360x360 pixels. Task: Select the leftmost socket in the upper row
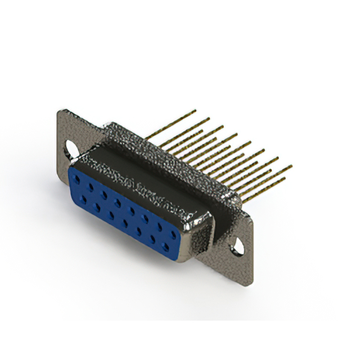[x=78, y=182]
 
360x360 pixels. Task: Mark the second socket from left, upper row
[x=91, y=187]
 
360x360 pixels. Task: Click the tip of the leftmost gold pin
[x=195, y=111]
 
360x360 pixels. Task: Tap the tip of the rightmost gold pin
[x=291, y=166]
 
